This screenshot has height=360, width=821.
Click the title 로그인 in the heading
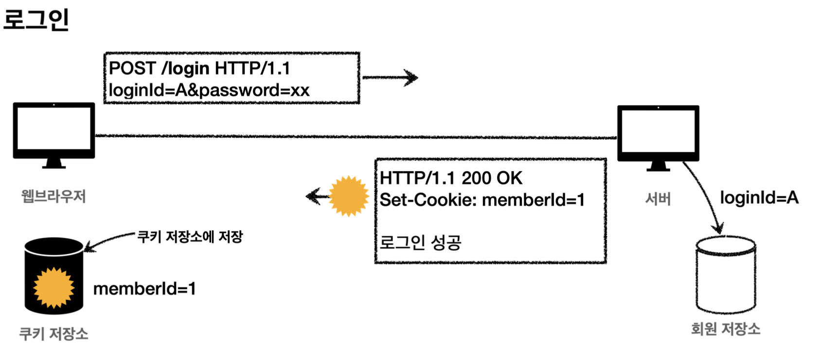36,19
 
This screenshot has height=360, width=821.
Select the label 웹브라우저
54,197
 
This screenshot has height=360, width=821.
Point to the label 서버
658,198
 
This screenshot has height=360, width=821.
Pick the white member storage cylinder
725,275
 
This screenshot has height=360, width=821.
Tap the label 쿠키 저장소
54,334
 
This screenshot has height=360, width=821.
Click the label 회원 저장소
725,329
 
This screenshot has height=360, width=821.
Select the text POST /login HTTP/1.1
199,69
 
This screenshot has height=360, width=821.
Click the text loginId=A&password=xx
209,90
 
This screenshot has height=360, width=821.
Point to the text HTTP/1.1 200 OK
451,178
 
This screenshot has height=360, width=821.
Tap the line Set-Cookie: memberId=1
482,200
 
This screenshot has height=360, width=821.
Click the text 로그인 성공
420,242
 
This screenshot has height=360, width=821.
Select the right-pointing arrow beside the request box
390,77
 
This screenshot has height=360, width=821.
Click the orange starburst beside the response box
349,196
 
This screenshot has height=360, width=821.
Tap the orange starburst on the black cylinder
54,288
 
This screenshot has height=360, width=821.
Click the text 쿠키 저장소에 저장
190,237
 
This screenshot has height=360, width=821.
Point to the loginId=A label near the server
759,198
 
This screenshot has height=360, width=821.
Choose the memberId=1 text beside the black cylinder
144,289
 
